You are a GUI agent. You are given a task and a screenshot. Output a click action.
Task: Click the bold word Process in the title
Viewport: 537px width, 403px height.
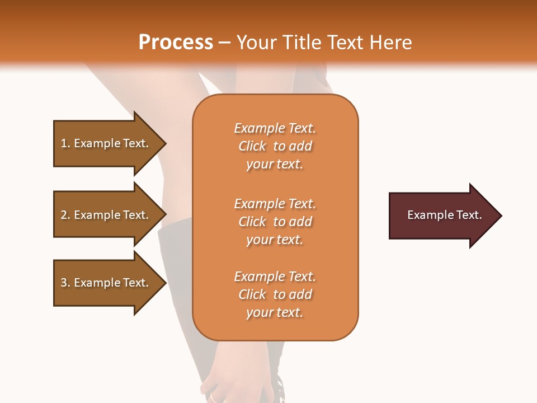pyautogui.click(x=176, y=43)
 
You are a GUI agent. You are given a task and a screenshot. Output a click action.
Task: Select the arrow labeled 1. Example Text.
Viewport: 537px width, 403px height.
pyautogui.click(x=106, y=143)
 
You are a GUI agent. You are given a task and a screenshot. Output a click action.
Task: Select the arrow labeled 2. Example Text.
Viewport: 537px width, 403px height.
pyautogui.click(x=106, y=215)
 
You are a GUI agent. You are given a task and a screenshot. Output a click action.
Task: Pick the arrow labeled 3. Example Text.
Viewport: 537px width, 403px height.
pyautogui.click(x=106, y=283)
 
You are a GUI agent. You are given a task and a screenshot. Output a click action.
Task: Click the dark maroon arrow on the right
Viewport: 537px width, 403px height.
pyautogui.click(x=442, y=215)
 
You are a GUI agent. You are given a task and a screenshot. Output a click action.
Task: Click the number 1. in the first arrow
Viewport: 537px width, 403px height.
pyautogui.click(x=65, y=143)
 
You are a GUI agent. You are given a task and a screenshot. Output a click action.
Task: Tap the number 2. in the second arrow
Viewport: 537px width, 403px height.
pyautogui.click(x=65, y=215)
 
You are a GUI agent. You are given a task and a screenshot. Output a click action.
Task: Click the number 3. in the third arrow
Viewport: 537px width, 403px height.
pyautogui.click(x=65, y=283)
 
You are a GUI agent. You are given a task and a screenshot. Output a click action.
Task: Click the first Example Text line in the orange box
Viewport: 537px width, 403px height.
pyautogui.click(x=275, y=128)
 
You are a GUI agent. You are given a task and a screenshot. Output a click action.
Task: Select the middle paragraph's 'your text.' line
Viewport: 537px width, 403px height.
pyautogui.click(x=275, y=240)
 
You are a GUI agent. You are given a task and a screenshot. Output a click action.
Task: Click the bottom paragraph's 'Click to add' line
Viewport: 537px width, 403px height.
pyautogui.click(x=275, y=294)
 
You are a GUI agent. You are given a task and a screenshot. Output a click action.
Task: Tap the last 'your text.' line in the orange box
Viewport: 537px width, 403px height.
pyautogui.click(x=275, y=313)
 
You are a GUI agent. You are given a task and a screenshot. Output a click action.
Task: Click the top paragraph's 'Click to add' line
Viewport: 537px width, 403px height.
pyautogui.click(x=275, y=146)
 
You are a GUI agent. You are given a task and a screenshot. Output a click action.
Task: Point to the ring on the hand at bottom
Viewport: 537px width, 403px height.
pyautogui.click(x=214, y=397)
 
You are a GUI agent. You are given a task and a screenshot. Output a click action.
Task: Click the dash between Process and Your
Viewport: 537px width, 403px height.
pyautogui.click(x=224, y=43)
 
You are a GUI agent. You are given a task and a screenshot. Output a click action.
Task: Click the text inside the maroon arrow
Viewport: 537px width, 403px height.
pyautogui.click(x=444, y=215)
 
